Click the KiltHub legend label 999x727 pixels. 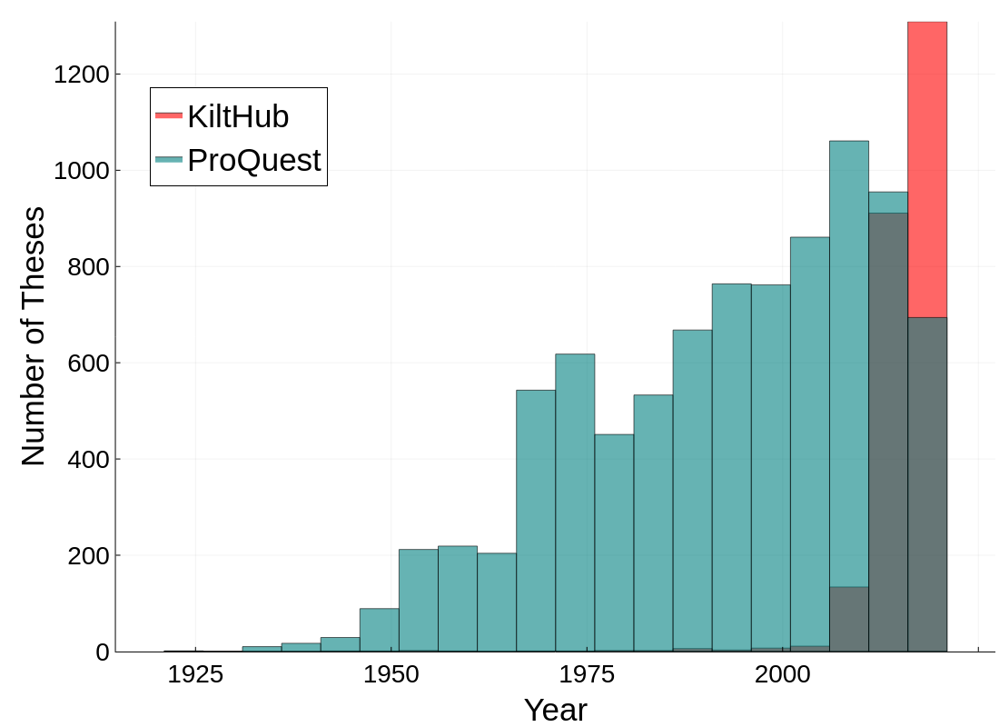coord(238,116)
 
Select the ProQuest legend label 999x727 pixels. coord(253,160)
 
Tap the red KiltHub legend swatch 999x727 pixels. coord(169,115)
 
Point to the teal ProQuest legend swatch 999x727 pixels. coord(169,160)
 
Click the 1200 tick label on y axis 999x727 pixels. coord(81,74)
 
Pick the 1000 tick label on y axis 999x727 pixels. coord(81,170)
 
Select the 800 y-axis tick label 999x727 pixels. coord(88,266)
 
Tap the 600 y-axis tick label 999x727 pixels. coord(88,363)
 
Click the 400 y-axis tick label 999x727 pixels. coord(88,459)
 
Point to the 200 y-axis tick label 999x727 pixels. coord(88,555)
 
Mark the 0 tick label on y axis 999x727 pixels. coord(103,652)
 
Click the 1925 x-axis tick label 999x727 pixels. coord(195,674)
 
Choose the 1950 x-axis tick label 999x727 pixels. coord(391,674)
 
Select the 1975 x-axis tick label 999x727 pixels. coord(587,674)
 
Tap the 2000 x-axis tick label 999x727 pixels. coord(783,674)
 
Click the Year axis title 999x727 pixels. coord(556,710)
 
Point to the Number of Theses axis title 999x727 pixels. coord(33,336)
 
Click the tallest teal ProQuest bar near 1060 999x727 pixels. coord(848,363)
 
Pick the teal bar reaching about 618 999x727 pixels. coord(575,500)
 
